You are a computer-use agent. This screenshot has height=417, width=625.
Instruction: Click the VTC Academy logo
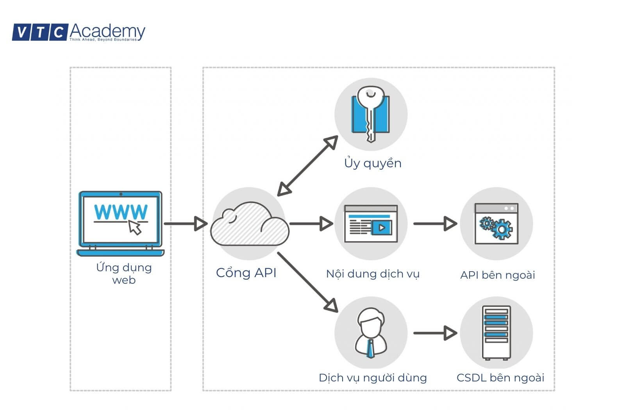tap(78, 32)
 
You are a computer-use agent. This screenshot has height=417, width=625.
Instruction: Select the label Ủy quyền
tap(373, 163)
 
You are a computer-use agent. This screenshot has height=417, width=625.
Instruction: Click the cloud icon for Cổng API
tap(249, 224)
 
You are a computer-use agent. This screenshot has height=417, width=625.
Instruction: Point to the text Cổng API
tap(246, 272)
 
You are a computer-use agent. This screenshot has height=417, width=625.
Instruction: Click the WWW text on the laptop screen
tap(121, 212)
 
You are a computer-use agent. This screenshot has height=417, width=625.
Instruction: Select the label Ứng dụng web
tap(123, 273)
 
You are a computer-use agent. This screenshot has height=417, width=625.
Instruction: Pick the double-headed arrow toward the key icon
tap(307, 166)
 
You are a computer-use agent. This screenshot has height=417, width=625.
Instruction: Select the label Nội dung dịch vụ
tap(373, 274)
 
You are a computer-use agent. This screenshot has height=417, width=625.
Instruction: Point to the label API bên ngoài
tap(497, 275)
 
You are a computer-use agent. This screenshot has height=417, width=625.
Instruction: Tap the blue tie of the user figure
tap(370, 349)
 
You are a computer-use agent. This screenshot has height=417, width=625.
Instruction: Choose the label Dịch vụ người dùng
tap(373, 378)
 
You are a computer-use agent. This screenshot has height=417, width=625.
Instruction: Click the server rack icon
tap(496, 333)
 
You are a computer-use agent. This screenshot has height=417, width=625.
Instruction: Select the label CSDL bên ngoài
tap(500, 378)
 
